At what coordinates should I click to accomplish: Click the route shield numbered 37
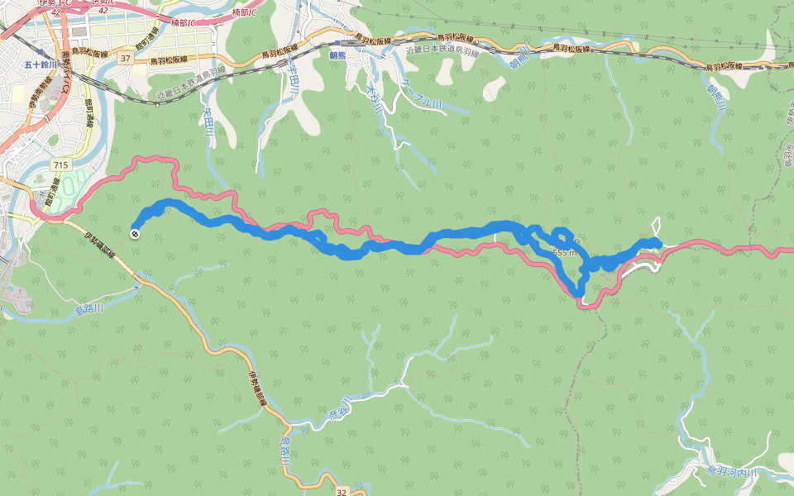click(125, 59)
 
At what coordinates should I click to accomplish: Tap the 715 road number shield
click(60, 165)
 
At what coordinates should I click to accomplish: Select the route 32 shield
click(342, 492)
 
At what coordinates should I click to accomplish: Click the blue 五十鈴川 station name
click(39, 64)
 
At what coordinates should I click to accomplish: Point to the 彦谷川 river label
click(340, 410)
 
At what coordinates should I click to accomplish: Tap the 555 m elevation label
click(563, 252)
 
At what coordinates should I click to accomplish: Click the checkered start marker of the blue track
click(134, 233)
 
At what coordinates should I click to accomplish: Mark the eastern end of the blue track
click(656, 242)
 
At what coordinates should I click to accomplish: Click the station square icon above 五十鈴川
click(39, 51)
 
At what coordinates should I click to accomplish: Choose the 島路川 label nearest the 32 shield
click(285, 454)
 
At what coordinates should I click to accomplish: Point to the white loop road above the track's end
click(658, 225)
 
